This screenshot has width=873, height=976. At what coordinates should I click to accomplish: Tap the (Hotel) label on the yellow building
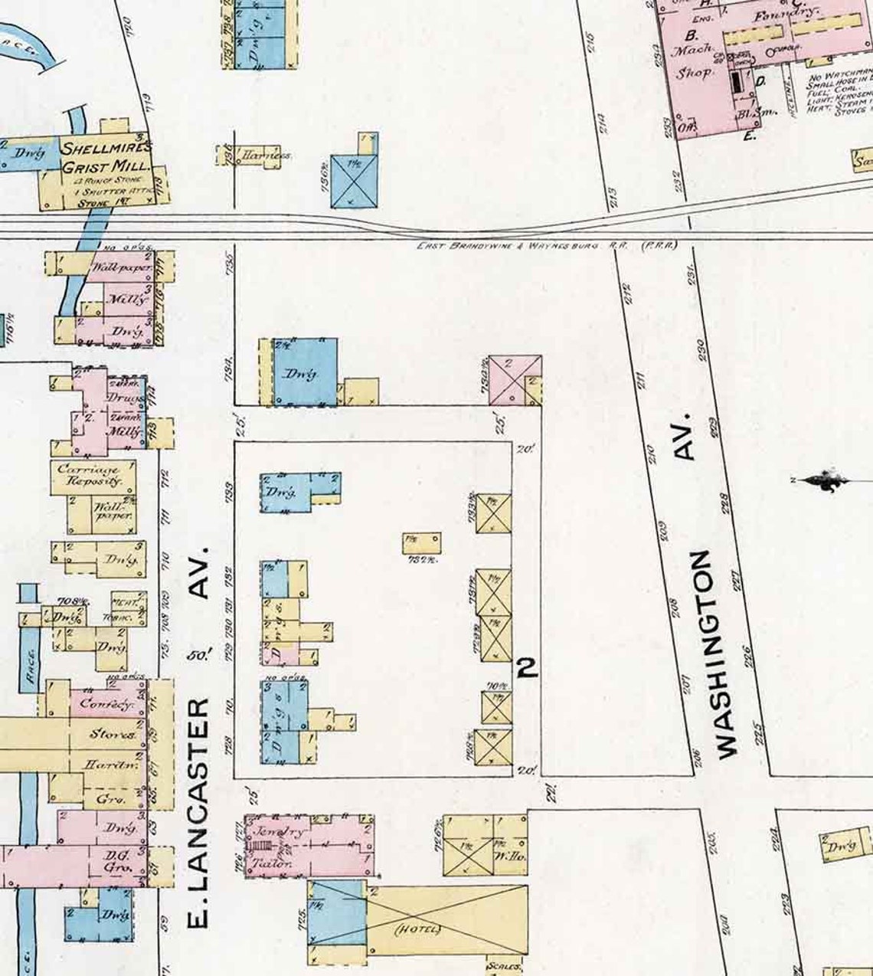coord(417,929)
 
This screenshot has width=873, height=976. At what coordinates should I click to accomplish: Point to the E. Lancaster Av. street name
coord(198,735)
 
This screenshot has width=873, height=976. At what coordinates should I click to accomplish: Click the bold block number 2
coord(527,668)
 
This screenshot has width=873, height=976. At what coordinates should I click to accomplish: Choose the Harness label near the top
coord(266,156)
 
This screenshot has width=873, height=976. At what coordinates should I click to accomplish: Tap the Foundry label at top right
coord(786,15)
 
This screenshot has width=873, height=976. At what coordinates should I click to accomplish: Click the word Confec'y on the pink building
coord(106,703)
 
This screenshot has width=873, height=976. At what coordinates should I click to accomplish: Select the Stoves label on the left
coord(113,734)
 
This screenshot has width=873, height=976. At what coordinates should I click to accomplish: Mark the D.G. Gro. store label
coord(114,861)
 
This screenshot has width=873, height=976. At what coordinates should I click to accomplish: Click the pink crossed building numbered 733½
coord(514,380)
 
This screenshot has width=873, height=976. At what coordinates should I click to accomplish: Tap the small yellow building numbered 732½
coord(421,542)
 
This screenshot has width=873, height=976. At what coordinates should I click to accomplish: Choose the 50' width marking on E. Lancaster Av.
coord(198,656)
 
